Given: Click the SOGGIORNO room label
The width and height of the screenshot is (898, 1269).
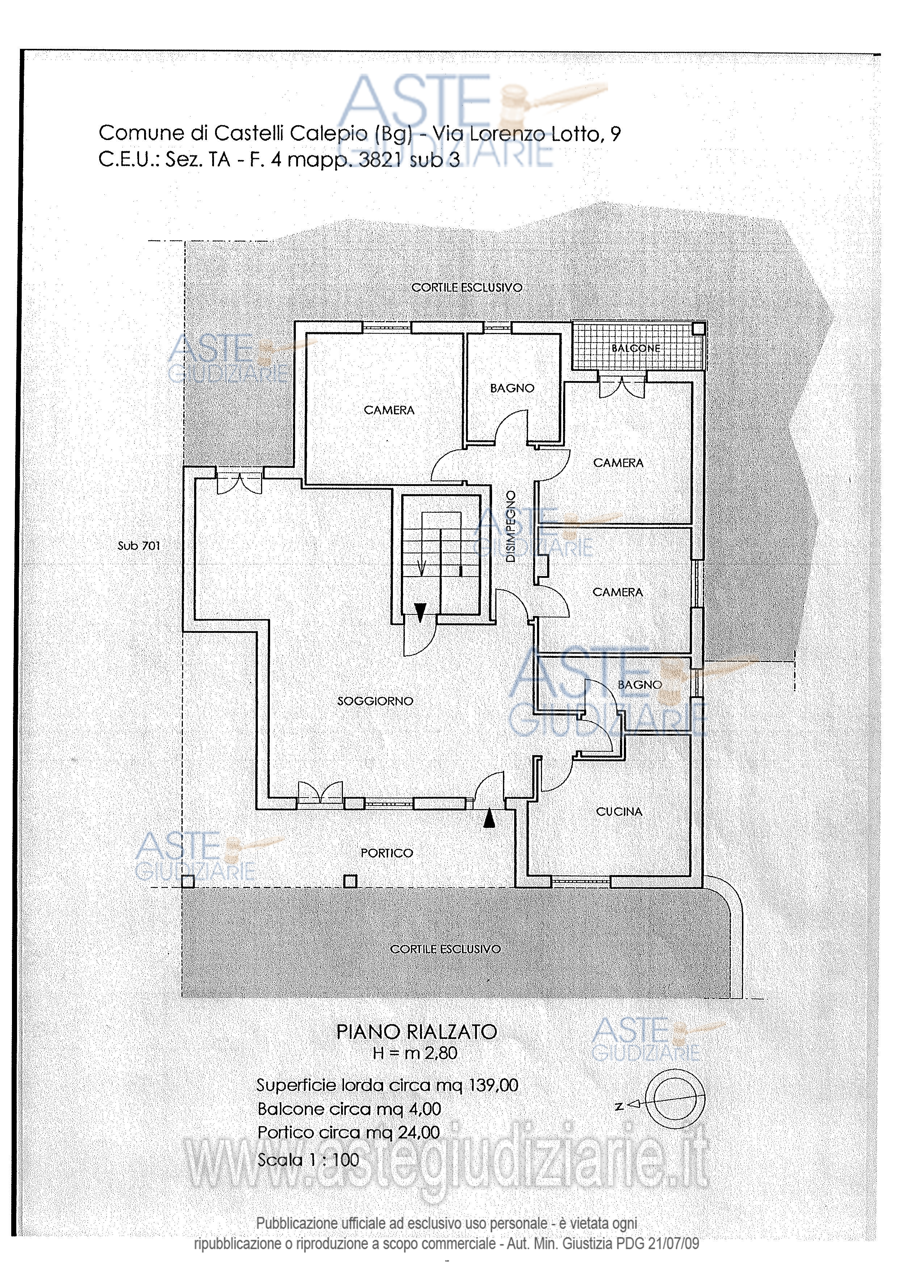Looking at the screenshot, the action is click(375, 701).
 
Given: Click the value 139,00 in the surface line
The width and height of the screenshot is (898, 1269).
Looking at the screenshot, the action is click(494, 1085).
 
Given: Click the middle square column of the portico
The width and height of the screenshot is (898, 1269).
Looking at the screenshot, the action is click(350, 881).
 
